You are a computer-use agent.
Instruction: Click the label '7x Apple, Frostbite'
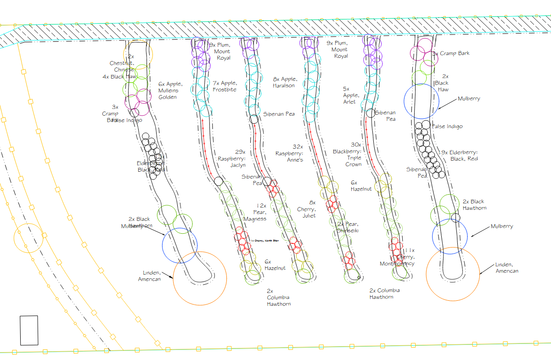(x=225, y=86)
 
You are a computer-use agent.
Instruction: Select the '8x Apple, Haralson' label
(x=284, y=82)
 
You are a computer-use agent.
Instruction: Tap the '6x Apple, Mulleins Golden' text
(x=171, y=90)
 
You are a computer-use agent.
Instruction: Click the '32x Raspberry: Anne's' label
(x=289, y=153)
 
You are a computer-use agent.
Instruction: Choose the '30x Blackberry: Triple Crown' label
(x=348, y=154)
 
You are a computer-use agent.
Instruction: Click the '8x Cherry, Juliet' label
(x=306, y=209)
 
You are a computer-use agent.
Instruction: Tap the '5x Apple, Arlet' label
(x=349, y=95)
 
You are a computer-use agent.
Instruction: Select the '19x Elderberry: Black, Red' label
(x=459, y=155)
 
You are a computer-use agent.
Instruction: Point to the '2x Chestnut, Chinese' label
(x=122, y=63)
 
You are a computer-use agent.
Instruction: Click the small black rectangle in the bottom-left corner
(x=29, y=330)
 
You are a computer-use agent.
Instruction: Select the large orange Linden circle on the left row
(x=200, y=278)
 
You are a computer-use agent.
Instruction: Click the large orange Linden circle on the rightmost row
(x=453, y=275)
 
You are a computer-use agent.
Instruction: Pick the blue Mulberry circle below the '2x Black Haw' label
(x=422, y=101)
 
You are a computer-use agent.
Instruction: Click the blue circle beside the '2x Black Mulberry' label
(x=180, y=246)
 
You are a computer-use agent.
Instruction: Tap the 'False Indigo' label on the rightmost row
(x=448, y=126)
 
